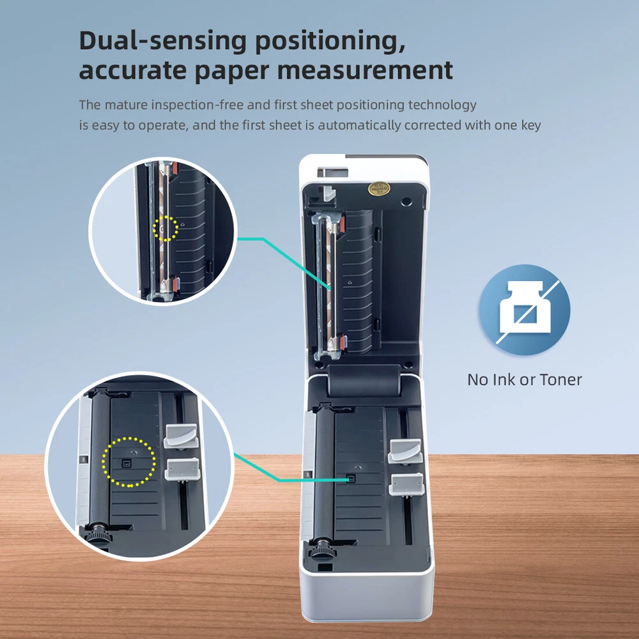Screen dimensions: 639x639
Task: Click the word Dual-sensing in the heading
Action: [162, 42]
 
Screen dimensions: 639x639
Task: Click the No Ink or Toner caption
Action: [525, 380]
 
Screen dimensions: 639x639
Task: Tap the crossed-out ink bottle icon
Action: [525, 310]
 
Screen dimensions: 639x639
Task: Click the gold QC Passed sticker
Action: [379, 189]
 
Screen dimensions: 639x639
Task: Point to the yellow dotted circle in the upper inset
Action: [166, 228]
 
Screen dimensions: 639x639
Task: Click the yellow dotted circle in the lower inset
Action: [129, 462]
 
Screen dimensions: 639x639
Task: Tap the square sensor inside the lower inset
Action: [126, 463]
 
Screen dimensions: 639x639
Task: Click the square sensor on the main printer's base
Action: [350, 479]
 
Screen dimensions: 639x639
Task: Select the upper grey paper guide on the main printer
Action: [405, 452]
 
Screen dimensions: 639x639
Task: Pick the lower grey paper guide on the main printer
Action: [406, 484]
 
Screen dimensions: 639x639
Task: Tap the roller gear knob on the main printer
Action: [322, 551]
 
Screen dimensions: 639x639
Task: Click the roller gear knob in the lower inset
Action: [98, 534]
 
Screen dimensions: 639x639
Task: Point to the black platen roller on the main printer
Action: [324, 473]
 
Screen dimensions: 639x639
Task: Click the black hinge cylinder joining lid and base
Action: [364, 381]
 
